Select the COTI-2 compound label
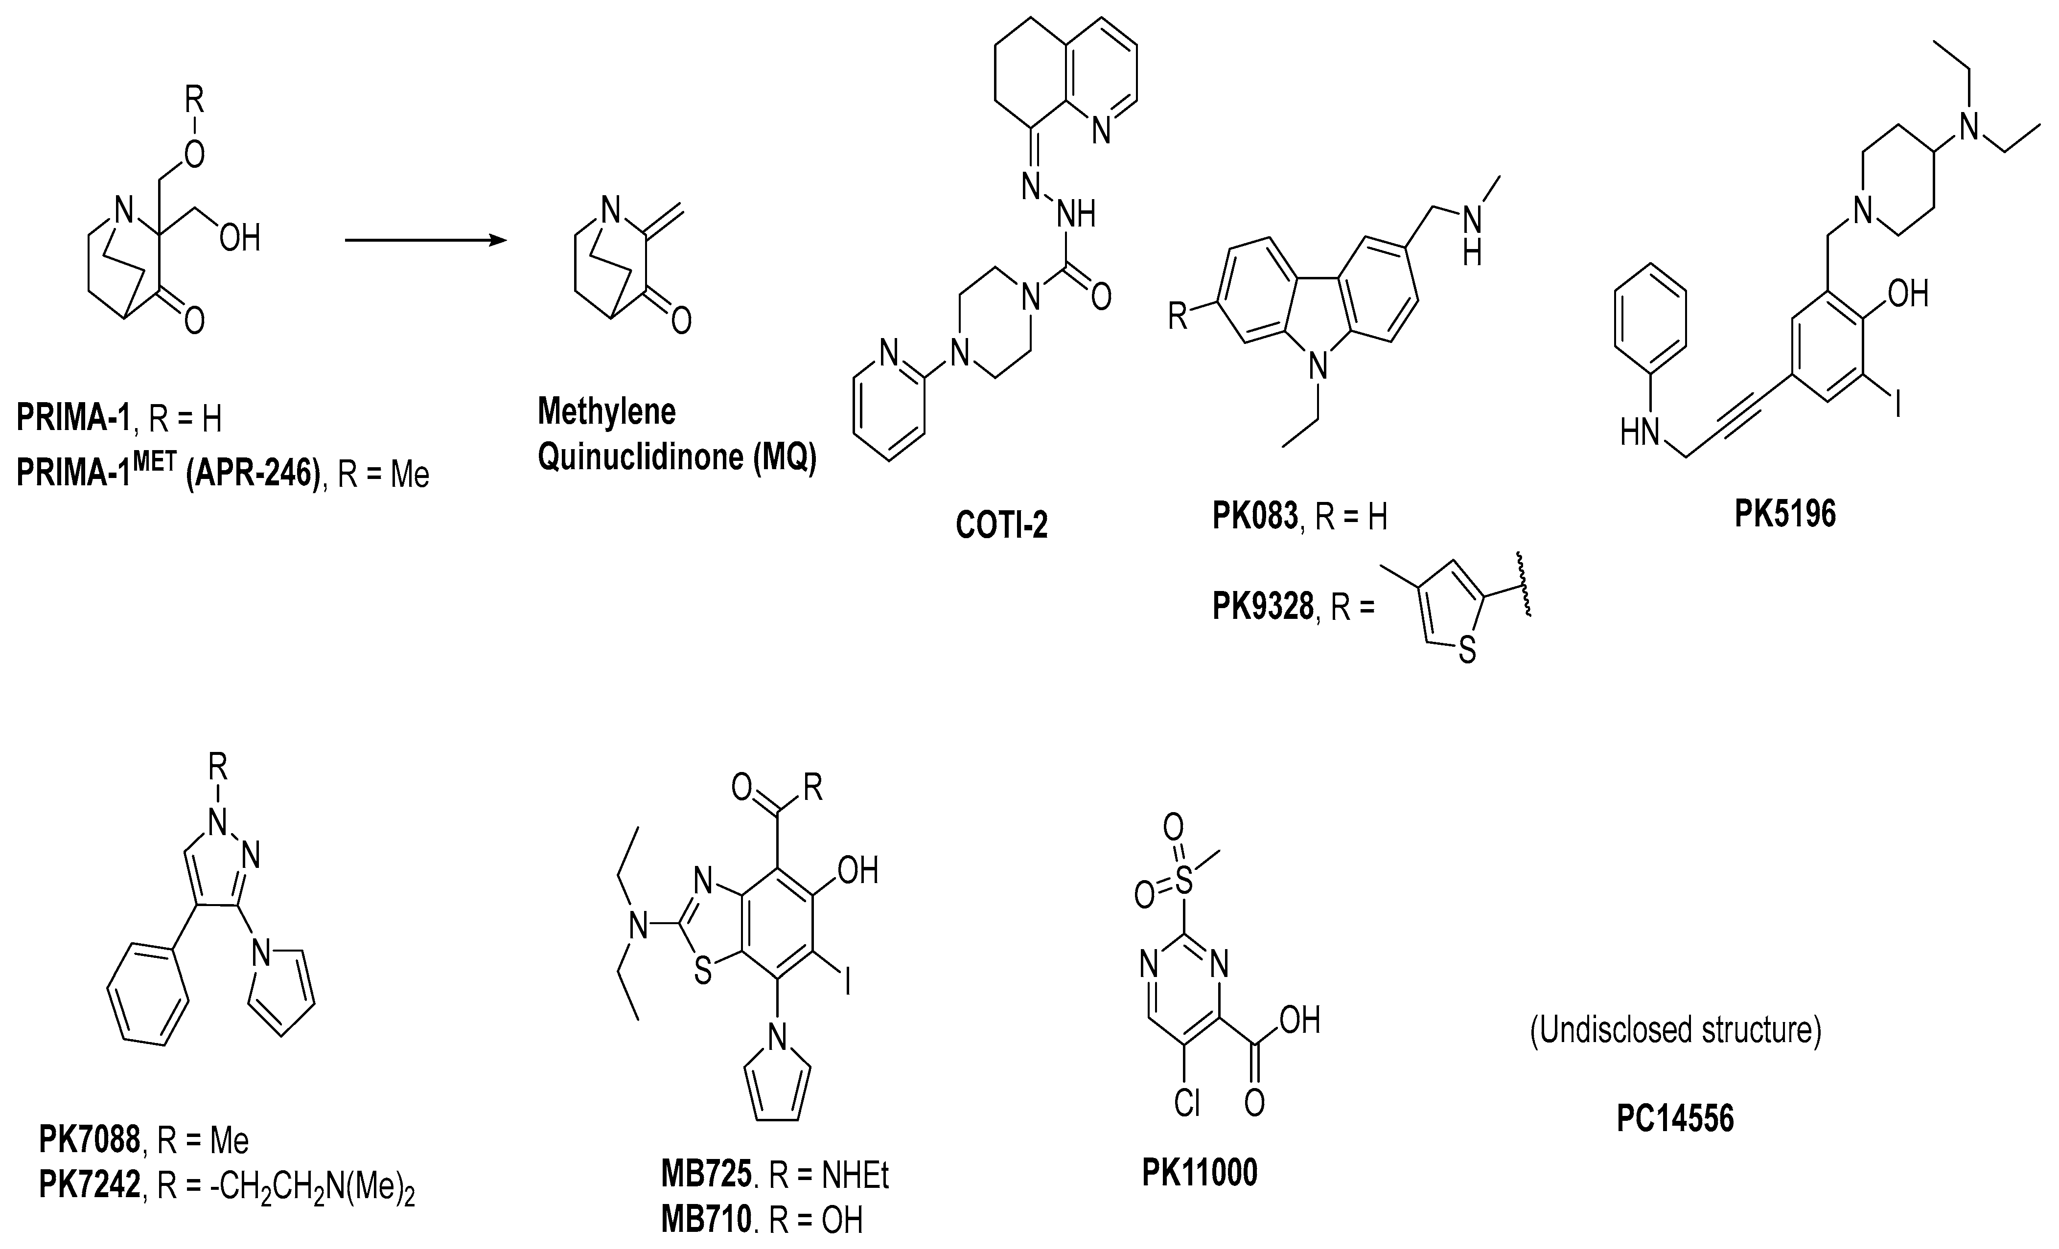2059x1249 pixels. click(x=1001, y=524)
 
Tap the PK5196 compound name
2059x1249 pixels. click(x=1785, y=514)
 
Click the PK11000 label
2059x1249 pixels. click(x=1199, y=1173)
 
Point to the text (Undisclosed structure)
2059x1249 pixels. click(x=1675, y=1030)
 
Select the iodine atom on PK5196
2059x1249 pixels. click(x=1897, y=407)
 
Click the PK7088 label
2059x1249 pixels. click(x=90, y=1139)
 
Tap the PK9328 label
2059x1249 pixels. click(x=1262, y=607)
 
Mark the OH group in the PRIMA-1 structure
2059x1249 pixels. click(x=240, y=238)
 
